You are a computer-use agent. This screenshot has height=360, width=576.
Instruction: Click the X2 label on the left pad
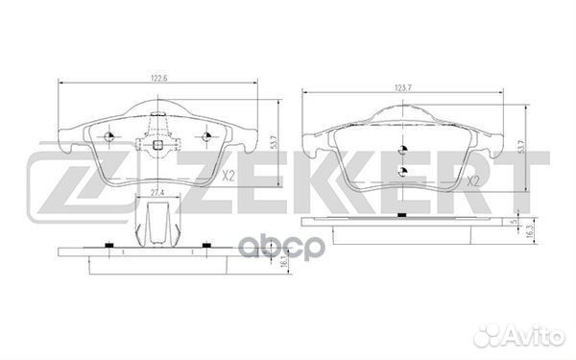[x=228, y=176]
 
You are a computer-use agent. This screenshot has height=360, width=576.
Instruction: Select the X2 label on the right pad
[x=470, y=180]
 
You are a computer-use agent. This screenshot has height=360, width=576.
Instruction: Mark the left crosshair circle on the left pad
[x=109, y=135]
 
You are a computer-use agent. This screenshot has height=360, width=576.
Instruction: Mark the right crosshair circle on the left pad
[x=203, y=135]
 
